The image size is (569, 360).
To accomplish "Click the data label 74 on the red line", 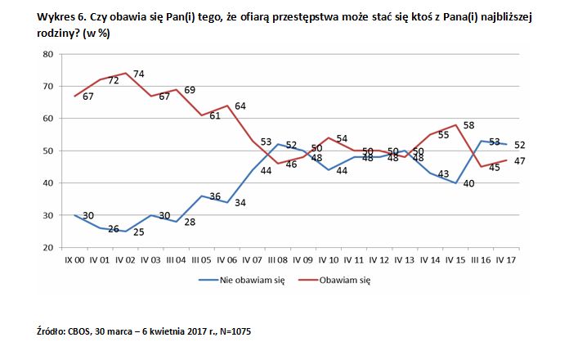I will coord(139,74).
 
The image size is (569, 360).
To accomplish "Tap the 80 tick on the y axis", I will coord(48,54).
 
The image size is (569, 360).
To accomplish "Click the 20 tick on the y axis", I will coord(48,247).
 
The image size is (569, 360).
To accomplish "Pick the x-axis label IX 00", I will coord(75,260).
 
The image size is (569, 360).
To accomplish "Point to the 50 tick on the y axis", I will coord(48,151).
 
